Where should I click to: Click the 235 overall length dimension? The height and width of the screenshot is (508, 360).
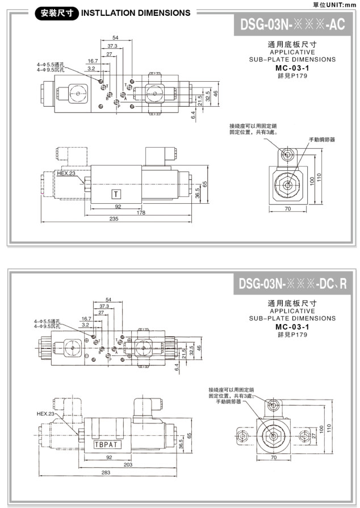(114, 219)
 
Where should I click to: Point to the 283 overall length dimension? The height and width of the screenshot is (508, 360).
(105, 472)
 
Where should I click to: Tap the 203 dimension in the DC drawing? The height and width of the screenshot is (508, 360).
(128, 465)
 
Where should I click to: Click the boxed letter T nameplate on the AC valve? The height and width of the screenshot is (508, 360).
(117, 195)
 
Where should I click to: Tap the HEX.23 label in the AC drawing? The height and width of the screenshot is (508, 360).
(66, 173)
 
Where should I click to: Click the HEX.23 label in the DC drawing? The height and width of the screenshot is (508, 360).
(45, 414)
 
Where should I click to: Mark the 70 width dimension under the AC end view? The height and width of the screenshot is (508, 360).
(287, 209)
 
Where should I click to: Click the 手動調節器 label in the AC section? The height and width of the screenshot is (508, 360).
(322, 139)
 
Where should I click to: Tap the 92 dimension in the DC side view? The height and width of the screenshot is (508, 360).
(109, 457)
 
